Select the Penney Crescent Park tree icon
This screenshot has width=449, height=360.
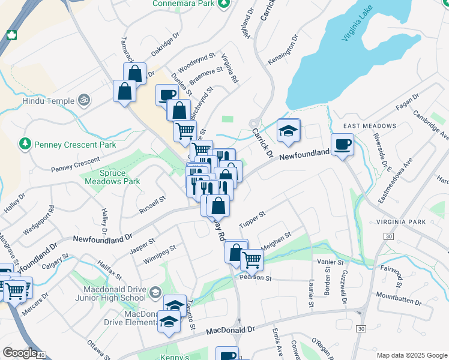coord(25,144)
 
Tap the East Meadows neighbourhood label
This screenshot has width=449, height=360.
coord(370,126)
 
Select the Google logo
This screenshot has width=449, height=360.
coord(19,353)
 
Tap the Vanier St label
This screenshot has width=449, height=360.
coord(330,262)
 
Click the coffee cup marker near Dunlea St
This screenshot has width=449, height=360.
coord(166,95)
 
